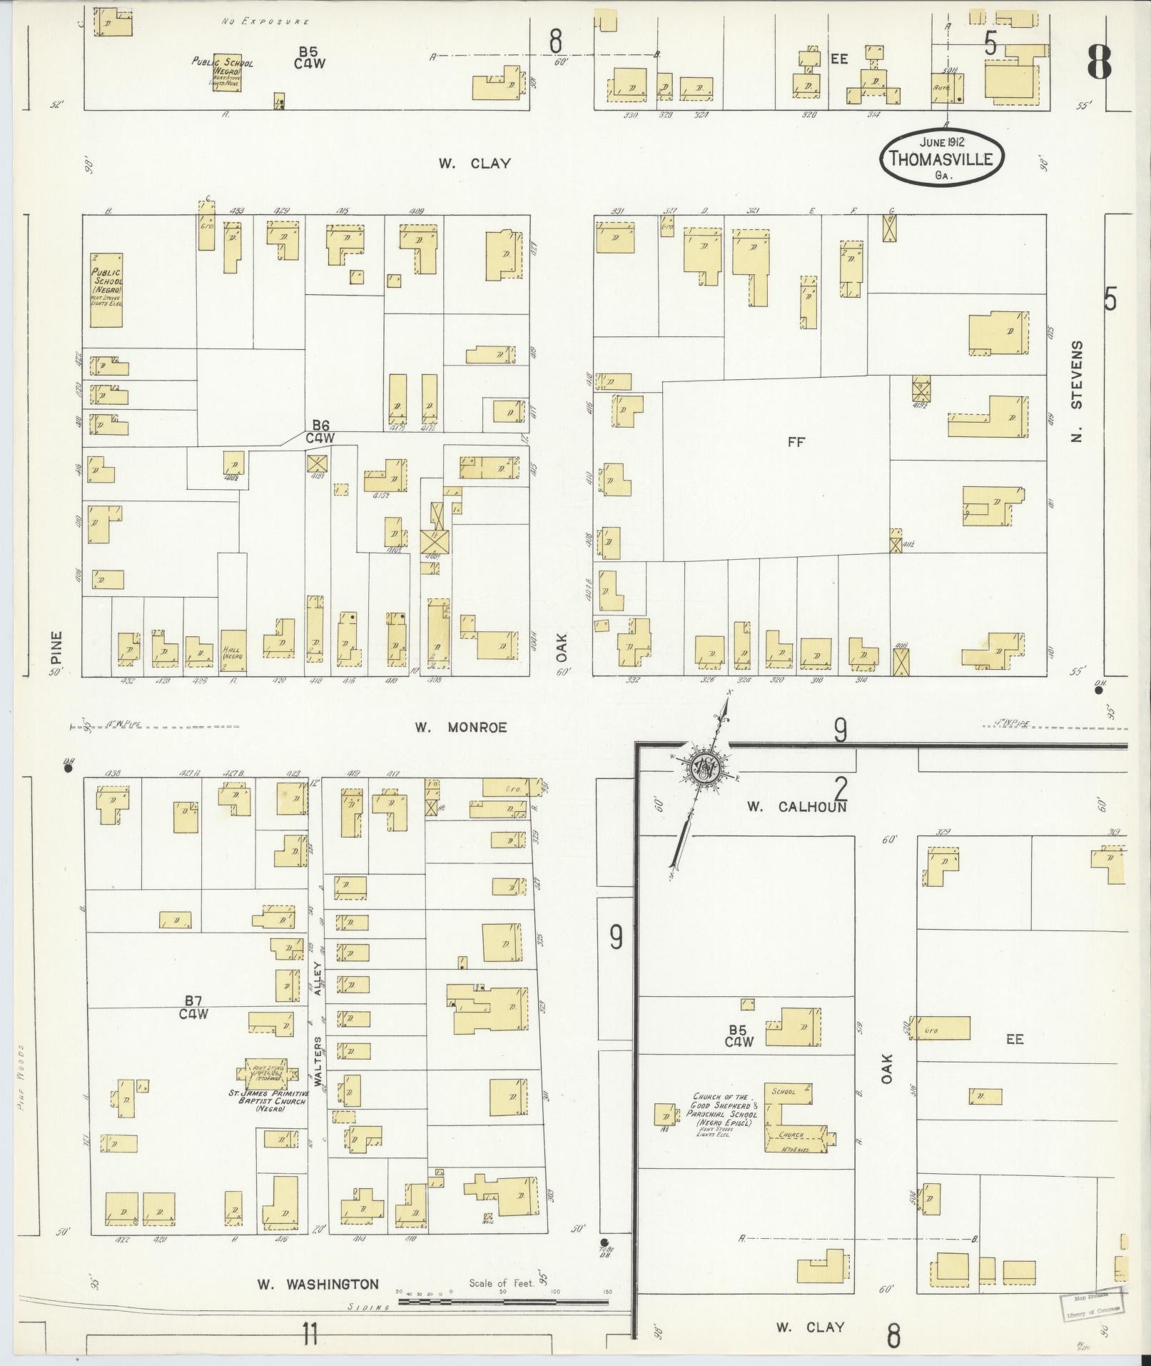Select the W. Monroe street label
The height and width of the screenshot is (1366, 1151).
pos(462,728)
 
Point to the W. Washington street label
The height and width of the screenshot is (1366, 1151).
pos(318,1284)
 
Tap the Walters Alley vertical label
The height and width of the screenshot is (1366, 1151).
pos(318,1029)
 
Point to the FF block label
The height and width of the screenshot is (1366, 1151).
pos(796,442)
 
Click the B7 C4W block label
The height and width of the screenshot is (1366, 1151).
pos(192,1007)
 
